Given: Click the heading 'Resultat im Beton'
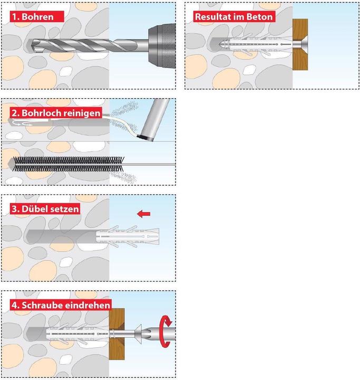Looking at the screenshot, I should coord(234,16).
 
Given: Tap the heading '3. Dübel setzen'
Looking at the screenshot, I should coord(45,208).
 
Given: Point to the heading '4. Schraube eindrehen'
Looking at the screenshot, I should coord(61,305).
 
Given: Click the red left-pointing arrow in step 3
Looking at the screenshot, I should coord(143,214).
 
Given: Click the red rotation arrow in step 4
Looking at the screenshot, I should coord(167,322).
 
